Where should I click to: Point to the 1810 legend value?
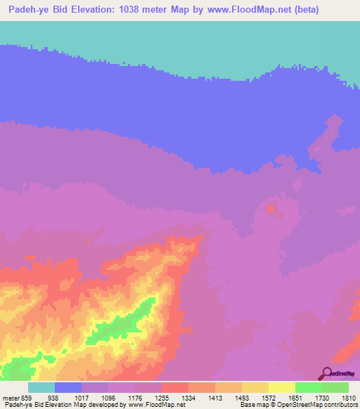pos(349,397)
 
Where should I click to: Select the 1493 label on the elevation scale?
pos(243,397)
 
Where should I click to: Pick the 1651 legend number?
pos(296,397)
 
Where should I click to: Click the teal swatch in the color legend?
pos(41,387)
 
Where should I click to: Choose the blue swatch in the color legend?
pos(68,387)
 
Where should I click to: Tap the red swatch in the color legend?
pos(175,387)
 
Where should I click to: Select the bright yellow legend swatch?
pos(282,387)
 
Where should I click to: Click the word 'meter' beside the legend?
pos(12,397)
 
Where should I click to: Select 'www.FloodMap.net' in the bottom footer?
pos(153,405)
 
